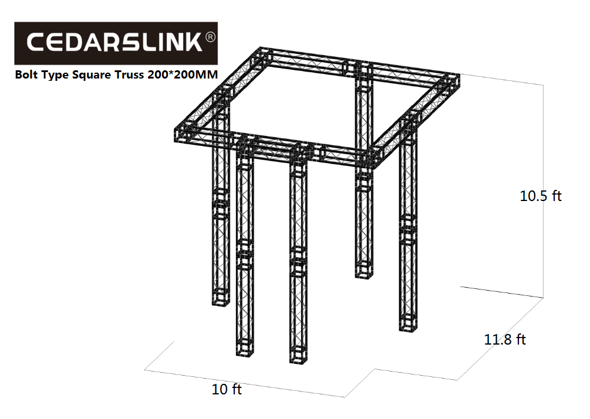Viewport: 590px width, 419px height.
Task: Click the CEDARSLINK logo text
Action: (x=115, y=42)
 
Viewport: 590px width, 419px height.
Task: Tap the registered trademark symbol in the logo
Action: (x=211, y=37)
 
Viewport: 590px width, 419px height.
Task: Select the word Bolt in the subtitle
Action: (x=26, y=74)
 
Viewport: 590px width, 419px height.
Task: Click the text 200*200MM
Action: (x=183, y=74)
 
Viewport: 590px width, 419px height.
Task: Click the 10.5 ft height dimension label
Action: (x=540, y=196)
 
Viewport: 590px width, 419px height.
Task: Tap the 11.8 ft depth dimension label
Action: (x=505, y=339)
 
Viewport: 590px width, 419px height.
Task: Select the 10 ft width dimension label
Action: (x=227, y=389)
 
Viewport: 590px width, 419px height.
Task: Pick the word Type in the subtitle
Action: (x=55, y=75)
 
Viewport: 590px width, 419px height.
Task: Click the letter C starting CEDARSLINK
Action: (x=36, y=42)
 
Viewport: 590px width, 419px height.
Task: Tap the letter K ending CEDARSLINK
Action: (x=195, y=42)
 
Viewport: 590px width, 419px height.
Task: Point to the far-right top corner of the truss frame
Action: (x=460, y=75)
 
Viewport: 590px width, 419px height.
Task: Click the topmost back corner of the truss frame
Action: (x=261, y=47)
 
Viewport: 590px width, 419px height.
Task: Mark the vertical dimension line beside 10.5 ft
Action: (x=543, y=192)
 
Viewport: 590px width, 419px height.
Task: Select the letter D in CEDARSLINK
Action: (x=73, y=42)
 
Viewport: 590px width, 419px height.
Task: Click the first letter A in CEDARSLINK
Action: (x=92, y=42)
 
